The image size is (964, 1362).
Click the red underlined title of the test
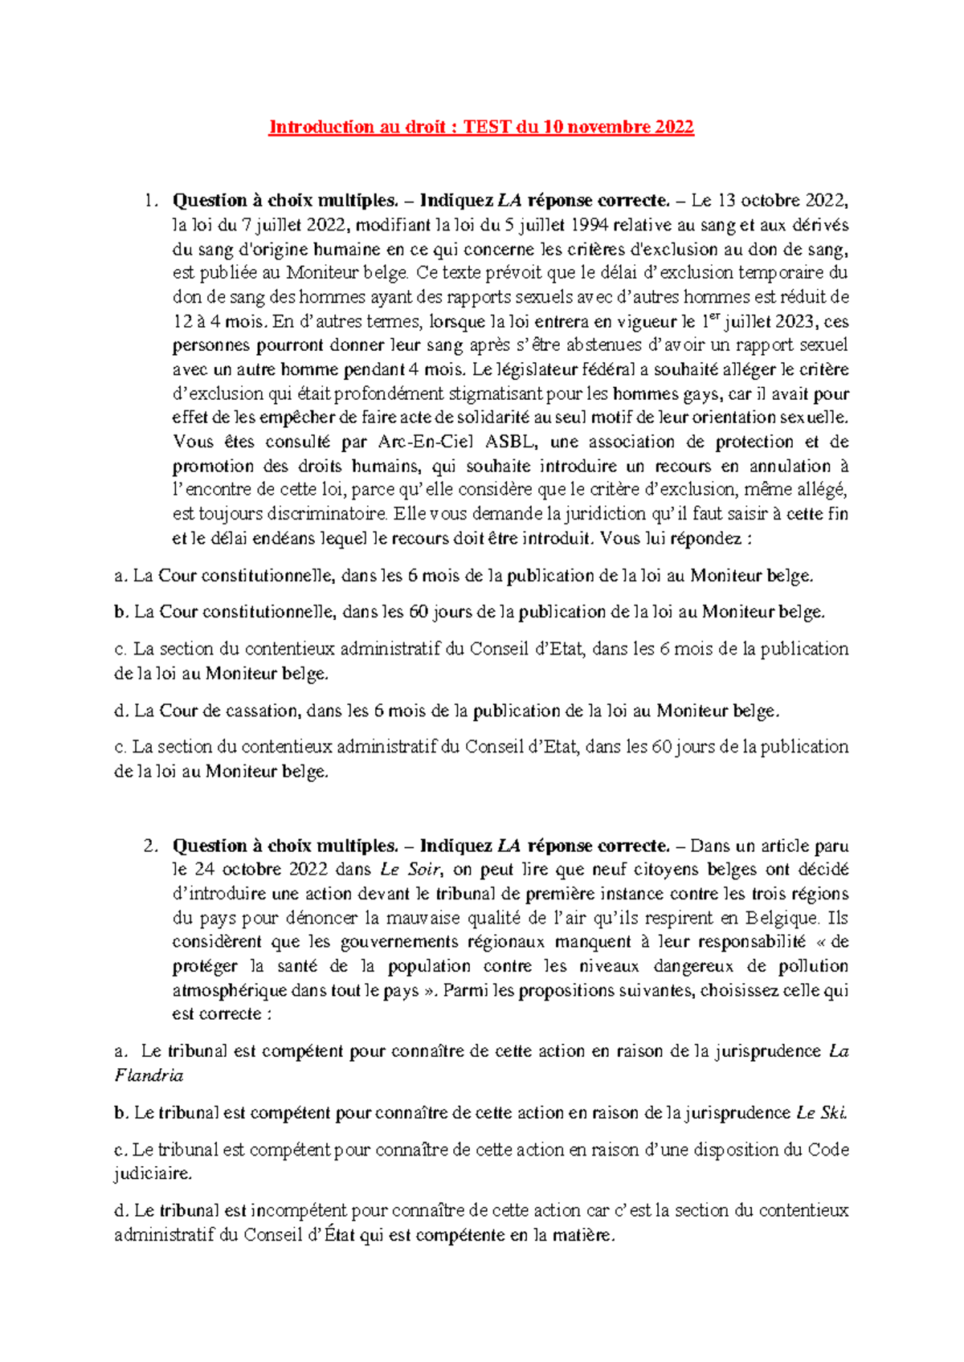click(480, 127)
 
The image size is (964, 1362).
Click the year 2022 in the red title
click(674, 127)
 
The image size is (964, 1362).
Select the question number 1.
click(149, 201)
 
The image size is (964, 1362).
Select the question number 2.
click(149, 846)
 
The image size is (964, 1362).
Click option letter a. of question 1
click(120, 576)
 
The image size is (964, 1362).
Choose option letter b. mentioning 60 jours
click(121, 612)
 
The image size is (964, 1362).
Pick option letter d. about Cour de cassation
click(121, 711)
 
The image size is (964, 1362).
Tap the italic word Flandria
click(149, 1075)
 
